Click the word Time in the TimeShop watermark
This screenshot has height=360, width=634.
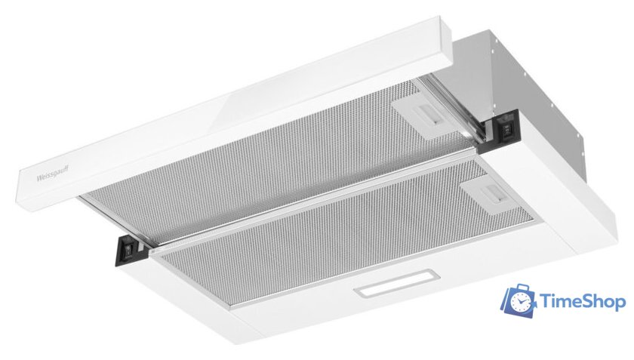pyautogui.click(x=559, y=302)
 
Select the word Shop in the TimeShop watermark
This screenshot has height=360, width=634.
pyautogui.click(x=601, y=302)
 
